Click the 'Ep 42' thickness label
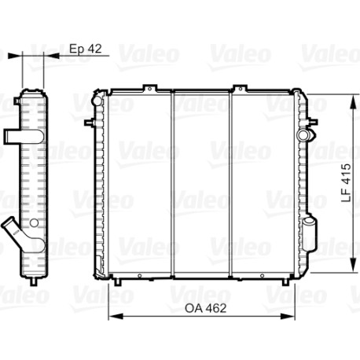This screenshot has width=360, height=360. [86, 49]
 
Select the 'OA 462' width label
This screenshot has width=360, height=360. [205, 308]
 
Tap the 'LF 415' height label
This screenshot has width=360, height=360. [346, 182]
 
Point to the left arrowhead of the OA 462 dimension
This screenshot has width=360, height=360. [116, 316]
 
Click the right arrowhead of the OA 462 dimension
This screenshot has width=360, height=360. [288, 316]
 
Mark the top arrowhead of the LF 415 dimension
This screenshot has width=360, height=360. [354, 102]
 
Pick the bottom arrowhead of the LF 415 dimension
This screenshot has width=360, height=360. [354, 265]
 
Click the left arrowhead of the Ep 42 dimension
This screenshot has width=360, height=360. [15, 56]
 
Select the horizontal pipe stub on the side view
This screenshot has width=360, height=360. [23, 137]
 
